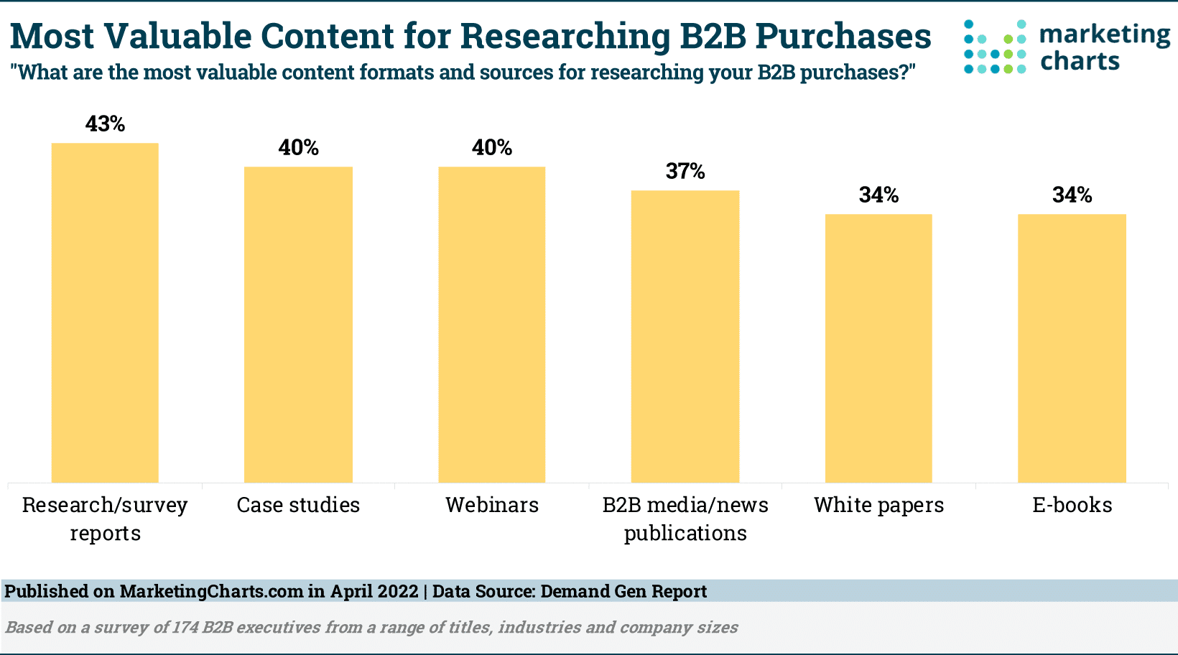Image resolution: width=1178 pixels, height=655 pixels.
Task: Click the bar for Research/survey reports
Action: click(105, 312)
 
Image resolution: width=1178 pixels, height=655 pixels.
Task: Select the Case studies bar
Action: click(298, 325)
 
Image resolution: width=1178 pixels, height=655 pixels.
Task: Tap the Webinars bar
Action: click(492, 325)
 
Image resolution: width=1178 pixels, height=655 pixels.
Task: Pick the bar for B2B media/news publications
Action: click(685, 336)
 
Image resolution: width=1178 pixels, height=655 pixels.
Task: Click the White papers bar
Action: click(878, 348)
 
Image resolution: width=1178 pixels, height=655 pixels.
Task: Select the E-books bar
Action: click(1072, 348)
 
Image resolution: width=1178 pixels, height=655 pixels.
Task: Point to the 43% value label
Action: click(105, 124)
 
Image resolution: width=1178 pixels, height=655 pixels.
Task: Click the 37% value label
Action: click(685, 172)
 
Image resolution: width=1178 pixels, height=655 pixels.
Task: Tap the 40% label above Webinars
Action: click(492, 148)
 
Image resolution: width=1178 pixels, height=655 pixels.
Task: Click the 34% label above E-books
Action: click(1072, 195)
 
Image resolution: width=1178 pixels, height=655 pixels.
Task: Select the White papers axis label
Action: click(878, 506)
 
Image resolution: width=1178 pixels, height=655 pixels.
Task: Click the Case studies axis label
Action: click(298, 506)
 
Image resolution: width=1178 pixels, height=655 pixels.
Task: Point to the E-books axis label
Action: click(1072, 506)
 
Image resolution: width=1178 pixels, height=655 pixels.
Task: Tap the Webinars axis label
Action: click(492, 506)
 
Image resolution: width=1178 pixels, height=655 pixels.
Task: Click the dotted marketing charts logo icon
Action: click(995, 47)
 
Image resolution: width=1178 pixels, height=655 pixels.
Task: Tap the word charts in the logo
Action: click(1080, 62)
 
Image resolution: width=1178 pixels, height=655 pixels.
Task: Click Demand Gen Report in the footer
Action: click(623, 592)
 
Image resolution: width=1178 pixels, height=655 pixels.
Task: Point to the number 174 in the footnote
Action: click(185, 628)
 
